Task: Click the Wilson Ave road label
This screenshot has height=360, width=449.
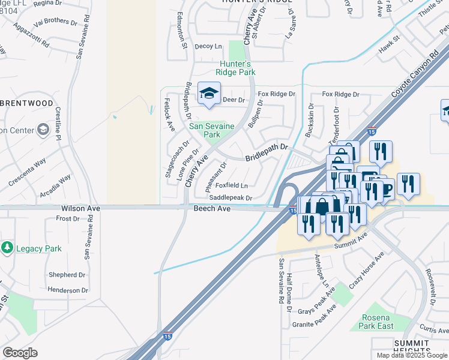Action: point(80,208)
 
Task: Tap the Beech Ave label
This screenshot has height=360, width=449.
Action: point(212,208)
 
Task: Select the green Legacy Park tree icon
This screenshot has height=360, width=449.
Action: point(7,248)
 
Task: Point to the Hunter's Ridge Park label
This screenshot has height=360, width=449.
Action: point(237,68)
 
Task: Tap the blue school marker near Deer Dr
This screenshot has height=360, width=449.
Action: point(209,94)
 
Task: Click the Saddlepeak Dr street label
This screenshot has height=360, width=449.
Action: point(231,197)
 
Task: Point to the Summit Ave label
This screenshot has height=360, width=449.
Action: point(354,239)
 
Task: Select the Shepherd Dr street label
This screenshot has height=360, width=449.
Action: point(67,275)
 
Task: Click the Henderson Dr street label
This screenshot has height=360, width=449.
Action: point(67,290)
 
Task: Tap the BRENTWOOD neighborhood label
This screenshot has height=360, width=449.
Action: point(27,103)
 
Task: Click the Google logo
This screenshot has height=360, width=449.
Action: point(20,353)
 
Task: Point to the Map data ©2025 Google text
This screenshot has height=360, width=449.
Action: point(412,355)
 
